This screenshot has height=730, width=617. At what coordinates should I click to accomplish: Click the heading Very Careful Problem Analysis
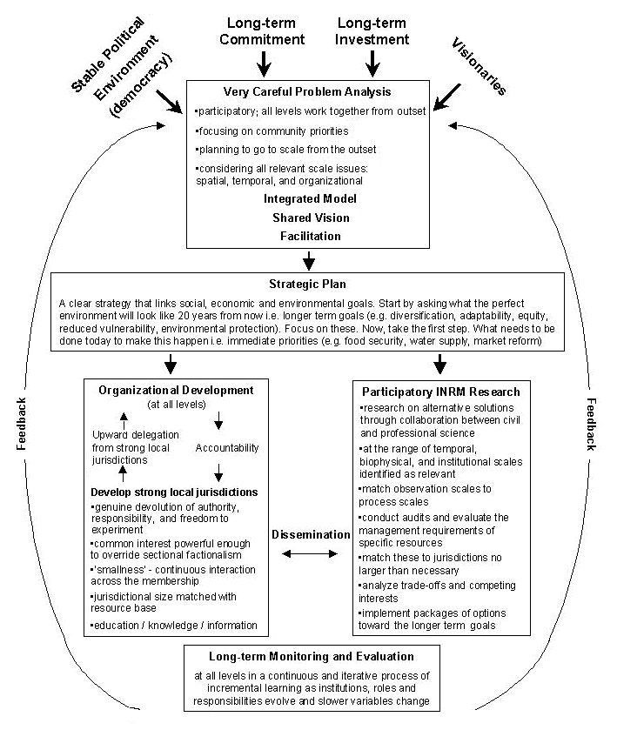pos(306,91)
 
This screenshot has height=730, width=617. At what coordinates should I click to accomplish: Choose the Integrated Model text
pos(306,198)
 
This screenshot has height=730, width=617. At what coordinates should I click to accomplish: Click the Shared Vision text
pos(306,218)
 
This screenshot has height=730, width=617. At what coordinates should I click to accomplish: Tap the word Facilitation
pos(306,236)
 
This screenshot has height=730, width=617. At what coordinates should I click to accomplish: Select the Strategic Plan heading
pos(306,285)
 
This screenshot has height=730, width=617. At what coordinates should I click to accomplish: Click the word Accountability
pos(225,447)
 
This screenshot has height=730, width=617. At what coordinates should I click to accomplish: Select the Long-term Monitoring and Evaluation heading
pos(312,656)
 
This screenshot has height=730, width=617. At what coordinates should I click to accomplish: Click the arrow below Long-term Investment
pos(372,63)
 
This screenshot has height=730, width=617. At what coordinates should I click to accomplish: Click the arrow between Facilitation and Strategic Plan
pos(307,259)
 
